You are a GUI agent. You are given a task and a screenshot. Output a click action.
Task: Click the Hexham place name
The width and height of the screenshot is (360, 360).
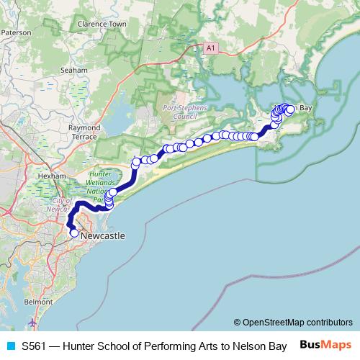pyautogui.click(x=53, y=175)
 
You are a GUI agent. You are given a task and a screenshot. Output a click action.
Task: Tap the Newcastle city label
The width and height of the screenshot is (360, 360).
pyautogui.click(x=102, y=235)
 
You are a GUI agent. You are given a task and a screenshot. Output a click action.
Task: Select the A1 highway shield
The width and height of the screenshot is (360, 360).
pyautogui.click(x=210, y=48)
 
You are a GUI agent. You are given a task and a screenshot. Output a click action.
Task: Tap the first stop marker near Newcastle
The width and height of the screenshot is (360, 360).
pyautogui.click(x=73, y=233)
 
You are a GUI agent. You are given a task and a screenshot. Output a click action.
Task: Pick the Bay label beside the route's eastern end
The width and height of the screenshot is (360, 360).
pyautogui.click(x=305, y=108)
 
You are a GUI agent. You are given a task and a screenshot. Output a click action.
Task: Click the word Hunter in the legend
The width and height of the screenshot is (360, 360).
pyautogui.click(x=80, y=345)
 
